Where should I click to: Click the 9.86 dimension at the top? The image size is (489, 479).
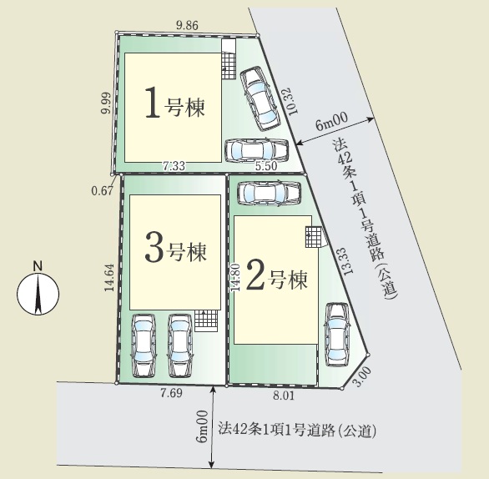pyautogui.click(x=187, y=25)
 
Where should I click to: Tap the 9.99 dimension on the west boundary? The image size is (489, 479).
pyautogui.click(x=106, y=103)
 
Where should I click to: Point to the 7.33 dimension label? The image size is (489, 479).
pyautogui.click(x=174, y=166)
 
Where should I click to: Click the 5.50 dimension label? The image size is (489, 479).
pyautogui.click(x=266, y=166)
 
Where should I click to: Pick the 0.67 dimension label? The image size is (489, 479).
pyautogui.click(x=102, y=190)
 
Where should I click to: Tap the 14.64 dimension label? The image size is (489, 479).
pyautogui.click(x=109, y=278)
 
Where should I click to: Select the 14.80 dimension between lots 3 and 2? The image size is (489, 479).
pyautogui.click(x=236, y=278)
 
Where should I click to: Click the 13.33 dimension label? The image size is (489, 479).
pyautogui.click(x=347, y=261)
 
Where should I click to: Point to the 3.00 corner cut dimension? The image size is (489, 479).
pyautogui.click(x=363, y=376)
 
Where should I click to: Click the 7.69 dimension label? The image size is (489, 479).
pyautogui.click(x=171, y=393)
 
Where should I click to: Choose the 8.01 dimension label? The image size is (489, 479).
pyautogui.click(x=284, y=396)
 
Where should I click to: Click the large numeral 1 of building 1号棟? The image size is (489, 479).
pyautogui.click(x=153, y=103)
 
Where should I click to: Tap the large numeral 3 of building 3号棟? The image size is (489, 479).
pyautogui.click(x=154, y=247)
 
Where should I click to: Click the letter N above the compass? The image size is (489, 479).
pyautogui.click(x=38, y=266)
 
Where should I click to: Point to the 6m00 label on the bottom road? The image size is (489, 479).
pyautogui.click(x=203, y=426)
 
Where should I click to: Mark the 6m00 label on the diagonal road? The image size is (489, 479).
pyautogui.click(x=331, y=121)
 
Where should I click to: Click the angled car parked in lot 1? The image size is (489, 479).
pyautogui.click(x=259, y=98)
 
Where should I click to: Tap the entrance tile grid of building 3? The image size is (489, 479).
pyautogui.click(x=206, y=320)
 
